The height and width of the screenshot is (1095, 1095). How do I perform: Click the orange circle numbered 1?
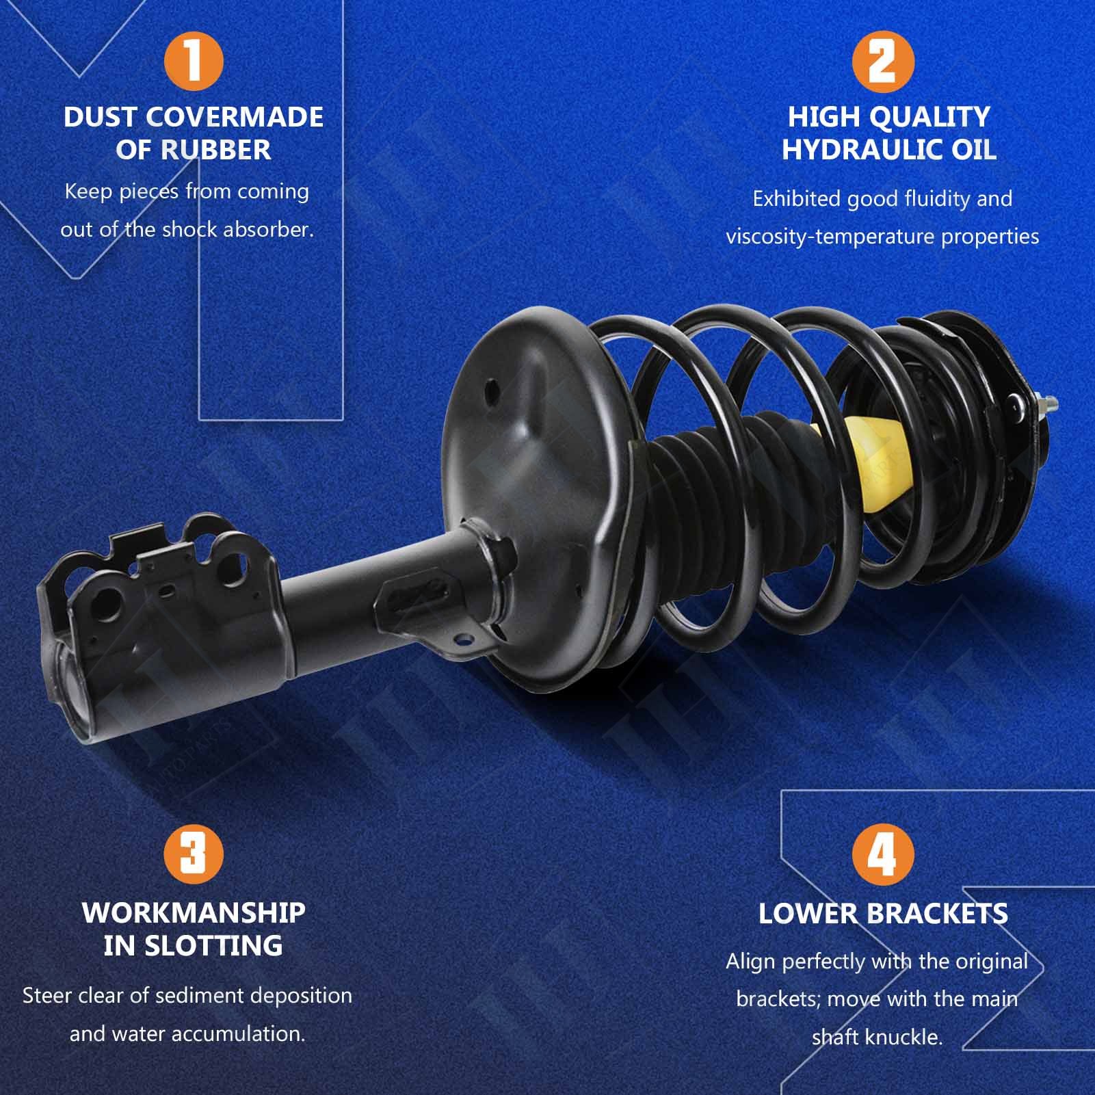coord(194,62)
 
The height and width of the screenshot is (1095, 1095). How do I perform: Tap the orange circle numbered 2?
coord(883,62)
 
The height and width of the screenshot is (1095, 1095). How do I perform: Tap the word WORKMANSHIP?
coord(194,912)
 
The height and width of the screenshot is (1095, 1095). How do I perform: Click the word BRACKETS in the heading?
coord(937,914)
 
